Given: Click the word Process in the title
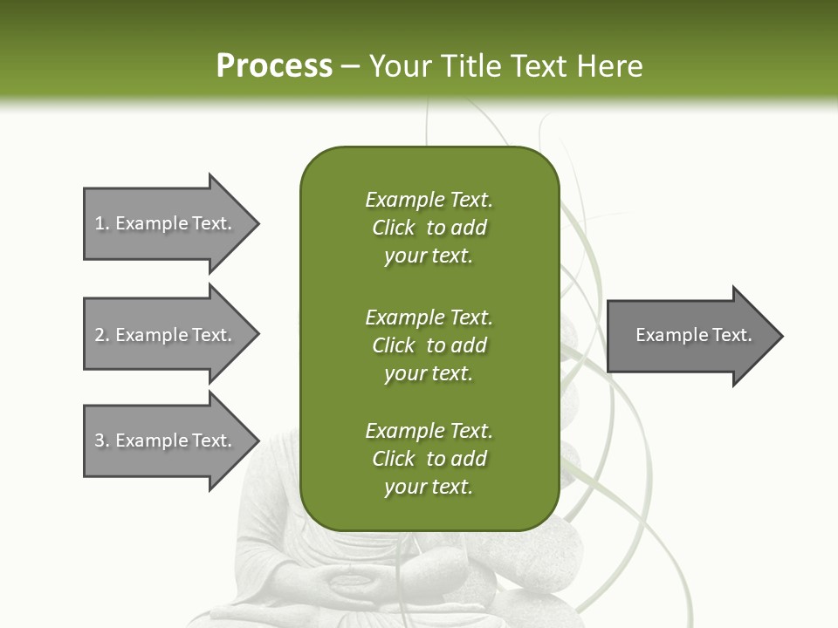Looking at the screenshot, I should (x=274, y=66).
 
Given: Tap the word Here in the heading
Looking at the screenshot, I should (x=609, y=66).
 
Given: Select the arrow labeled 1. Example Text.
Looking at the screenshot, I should (x=166, y=223).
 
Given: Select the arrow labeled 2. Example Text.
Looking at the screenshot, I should (x=166, y=335).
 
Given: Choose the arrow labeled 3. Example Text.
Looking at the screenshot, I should (x=166, y=440).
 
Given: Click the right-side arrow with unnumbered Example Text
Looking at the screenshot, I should (x=693, y=335).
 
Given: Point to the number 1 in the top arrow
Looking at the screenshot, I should (x=100, y=223).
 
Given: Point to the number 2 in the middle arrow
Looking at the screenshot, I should (x=100, y=335).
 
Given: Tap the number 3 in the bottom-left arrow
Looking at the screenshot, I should (x=100, y=440).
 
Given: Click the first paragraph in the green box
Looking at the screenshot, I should (x=429, y=228).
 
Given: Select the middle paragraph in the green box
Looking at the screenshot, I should (x=429, y=345).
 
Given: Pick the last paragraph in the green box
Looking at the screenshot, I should (x=429, y=459).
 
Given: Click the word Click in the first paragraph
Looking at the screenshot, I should (x=394, y=228).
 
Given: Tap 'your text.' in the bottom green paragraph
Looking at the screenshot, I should (x=429, y=487).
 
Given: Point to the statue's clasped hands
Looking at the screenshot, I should (x=349, y=580).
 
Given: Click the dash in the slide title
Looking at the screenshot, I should (x=351, y=66).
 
